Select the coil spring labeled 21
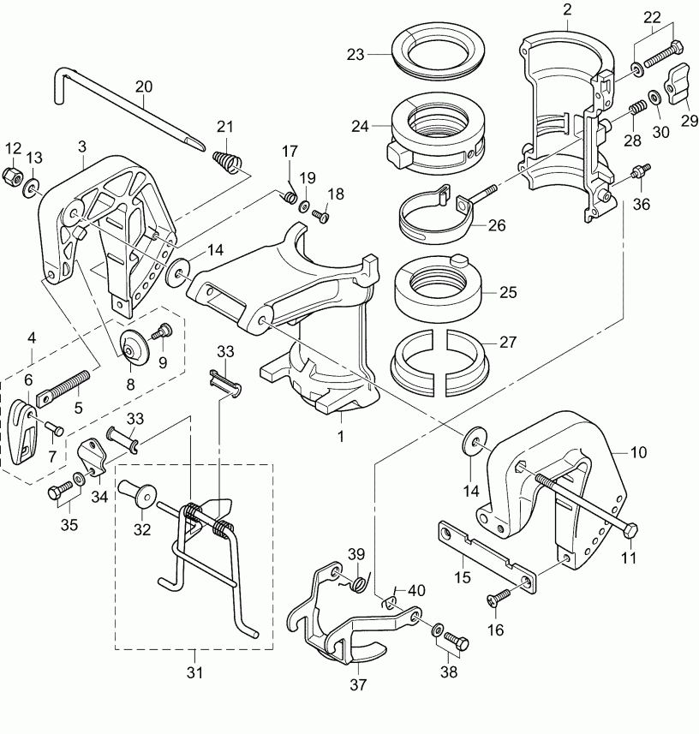226,159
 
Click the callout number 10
639,451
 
